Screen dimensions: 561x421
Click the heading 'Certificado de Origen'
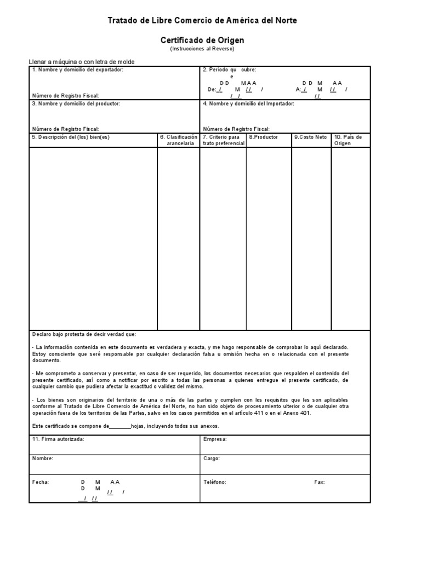[202, 40]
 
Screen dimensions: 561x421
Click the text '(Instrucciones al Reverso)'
[202, 49]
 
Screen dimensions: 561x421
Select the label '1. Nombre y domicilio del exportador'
[77, 70]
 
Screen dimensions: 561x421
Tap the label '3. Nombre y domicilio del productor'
[76, 103]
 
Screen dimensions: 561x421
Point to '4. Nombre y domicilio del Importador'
[248, 103]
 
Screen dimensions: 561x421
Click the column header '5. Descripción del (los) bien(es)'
[71, 137]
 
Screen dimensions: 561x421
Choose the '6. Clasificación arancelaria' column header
[178, 140]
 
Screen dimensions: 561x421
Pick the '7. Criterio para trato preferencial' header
[223, 140]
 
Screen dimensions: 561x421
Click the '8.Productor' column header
[263, 137]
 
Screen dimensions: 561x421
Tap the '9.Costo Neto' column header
[310, 137]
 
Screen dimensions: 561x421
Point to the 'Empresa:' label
[215, 439]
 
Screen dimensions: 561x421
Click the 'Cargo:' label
[211, 458]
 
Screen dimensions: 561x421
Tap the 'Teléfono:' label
[214, 482]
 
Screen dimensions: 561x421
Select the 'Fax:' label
[319, 482]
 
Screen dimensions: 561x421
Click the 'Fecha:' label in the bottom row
[41, 482]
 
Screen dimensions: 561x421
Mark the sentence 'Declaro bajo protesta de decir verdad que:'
[84, 334]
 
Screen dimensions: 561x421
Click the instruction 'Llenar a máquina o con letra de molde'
[81, 62]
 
